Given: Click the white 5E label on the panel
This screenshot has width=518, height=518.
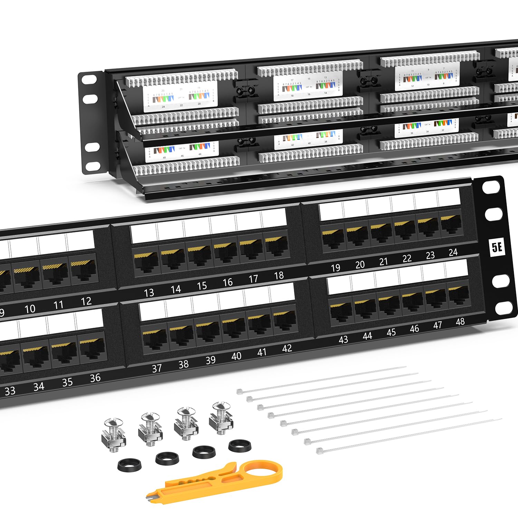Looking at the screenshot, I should click(497, 247).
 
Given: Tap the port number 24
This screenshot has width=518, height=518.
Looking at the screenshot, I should click(453, 252).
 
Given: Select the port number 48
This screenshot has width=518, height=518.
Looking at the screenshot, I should click(460, 322).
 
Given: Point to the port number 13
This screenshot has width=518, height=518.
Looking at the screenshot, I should click(149, 293).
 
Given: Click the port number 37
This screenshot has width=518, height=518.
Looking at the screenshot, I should click(157, 368).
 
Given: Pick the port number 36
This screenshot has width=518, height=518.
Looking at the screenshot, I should click(95, 378).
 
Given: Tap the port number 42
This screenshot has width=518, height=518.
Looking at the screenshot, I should click(287, 348).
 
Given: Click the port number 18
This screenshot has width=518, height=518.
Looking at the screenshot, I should click(279, 275).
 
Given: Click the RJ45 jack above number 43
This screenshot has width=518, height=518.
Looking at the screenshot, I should click(341, 312).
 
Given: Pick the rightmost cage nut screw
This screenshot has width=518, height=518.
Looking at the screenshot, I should click(221, 418).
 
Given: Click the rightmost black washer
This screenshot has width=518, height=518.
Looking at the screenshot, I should click(240, 445).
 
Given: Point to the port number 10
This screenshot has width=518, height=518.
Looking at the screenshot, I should click(30, 308).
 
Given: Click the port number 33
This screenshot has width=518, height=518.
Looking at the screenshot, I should click(10, 391).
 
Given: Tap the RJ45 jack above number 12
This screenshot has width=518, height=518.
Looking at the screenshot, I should click(84, 273).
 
